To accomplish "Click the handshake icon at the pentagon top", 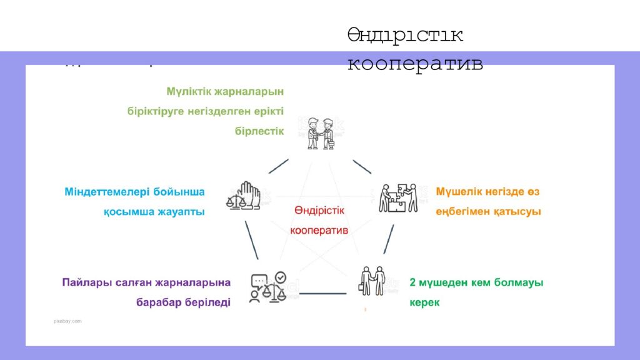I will (321, 132).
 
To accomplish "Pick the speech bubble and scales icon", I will (269, 287).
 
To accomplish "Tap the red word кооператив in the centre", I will (319, 230).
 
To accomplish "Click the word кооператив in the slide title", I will (415, 64).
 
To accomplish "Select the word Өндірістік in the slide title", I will (405, 35).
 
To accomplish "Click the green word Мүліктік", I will (189, 91).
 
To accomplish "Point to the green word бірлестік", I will (259, 131).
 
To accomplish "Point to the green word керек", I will (425, 302).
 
